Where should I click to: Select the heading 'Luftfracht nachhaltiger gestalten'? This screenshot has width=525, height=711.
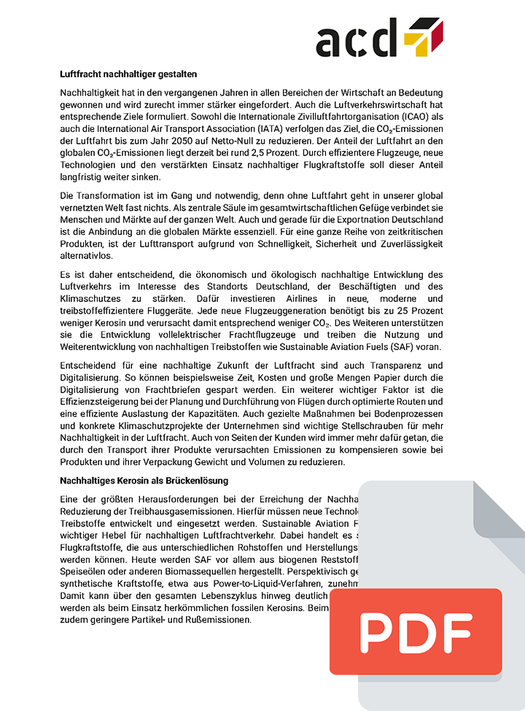coord(128,74)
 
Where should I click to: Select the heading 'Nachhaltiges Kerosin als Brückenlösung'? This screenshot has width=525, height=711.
coord(144,481)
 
